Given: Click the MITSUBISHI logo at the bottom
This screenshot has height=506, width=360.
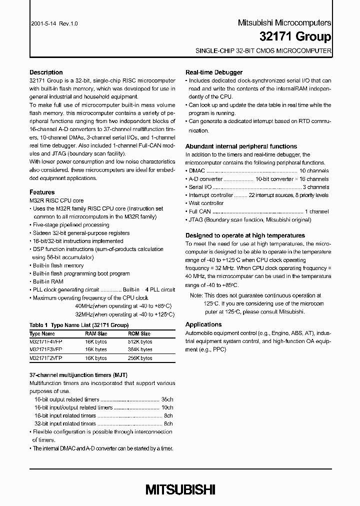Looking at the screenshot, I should pyautogui.click(x=180, y=489).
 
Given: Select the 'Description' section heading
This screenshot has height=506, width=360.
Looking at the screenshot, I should pyautogui.click(x=46, y=72).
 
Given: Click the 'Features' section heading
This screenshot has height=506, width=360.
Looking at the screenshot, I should pyautogui.click(x=42, y=192).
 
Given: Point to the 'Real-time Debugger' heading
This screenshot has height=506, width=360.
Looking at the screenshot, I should pyautogui.click(x=214, y=72).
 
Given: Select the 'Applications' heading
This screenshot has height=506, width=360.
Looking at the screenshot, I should pyautogui.click(x=203, y=324).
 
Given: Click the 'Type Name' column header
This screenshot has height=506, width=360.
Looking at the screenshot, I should pyautogui.click(x=42, y=333).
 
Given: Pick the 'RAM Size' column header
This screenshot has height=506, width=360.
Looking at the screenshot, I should pyautogui.click(x=96, y=333).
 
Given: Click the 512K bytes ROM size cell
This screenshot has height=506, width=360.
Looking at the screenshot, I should pyautogui.click(x=139, y=341).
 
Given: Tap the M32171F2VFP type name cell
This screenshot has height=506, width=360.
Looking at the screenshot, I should pyautogui.click(x=46, y=358).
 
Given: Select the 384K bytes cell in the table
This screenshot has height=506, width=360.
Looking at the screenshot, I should pyautogui.click(x=139, y=350).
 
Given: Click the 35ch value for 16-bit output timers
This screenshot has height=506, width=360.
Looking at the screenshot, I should pyautogui.click(x=167, y=399).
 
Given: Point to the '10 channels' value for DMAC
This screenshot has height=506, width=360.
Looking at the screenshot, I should pyautogui.click(x=313, y=171).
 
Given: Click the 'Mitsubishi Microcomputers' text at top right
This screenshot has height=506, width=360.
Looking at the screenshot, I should pyautogui.click(x=283, y=23).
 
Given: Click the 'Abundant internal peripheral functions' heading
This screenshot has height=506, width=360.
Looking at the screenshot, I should pyautogui.click(x=241, y=146).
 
